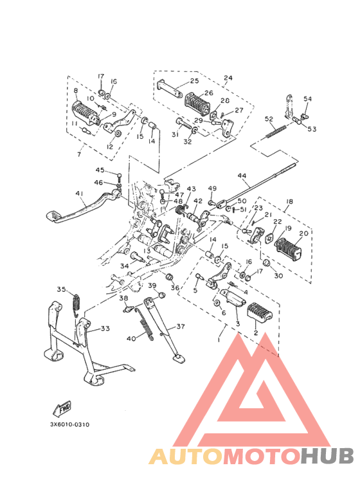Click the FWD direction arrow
pos(62,408)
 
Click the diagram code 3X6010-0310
pos(69,424)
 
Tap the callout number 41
pos(79,194)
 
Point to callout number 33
pos(105,329)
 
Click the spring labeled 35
pos(76,305)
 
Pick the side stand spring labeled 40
pos(147,329)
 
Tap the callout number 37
pos(180,326)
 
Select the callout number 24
pos(228,78)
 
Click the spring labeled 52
pos(276,131)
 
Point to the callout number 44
pos(242,176)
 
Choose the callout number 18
pos(289,201)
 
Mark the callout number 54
pos(307,98)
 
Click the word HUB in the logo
pos(327,456)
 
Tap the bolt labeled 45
pos(119,176)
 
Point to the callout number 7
pos(79,155)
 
